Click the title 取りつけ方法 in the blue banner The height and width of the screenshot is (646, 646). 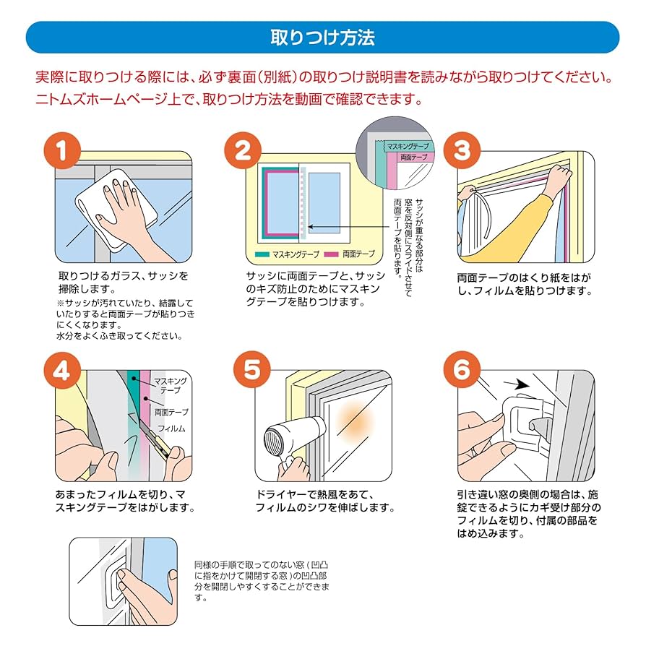(x=322, y=38)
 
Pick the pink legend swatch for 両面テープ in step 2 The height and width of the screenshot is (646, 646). (x=331, y=254)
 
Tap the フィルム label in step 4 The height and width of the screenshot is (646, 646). (x=172, y=428)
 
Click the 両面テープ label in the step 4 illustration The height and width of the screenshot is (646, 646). (x=171, y=412)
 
